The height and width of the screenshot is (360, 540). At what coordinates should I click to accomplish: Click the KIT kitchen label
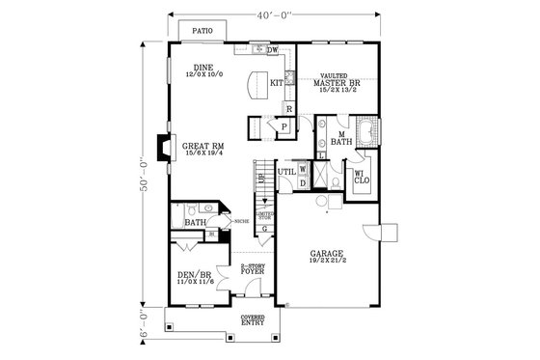pos(276,83)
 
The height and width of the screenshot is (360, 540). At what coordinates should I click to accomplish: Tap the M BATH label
pos(339,138)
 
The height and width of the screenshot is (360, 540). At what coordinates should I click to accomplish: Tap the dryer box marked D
pos(303,181)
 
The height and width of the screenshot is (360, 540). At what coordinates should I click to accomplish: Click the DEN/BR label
pos(195,278)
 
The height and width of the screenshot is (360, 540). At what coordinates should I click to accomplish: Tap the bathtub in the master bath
pos(368,129)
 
